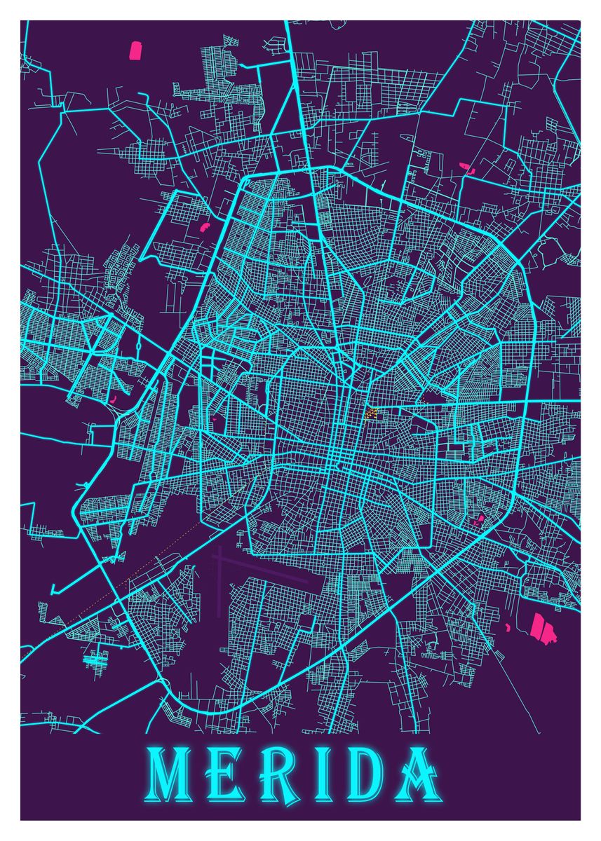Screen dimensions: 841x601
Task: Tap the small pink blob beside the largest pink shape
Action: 507,626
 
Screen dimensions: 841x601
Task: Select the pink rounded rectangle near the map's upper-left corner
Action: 135,50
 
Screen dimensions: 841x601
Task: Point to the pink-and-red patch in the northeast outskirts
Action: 466,167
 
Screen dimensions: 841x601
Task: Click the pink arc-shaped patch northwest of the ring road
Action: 205,226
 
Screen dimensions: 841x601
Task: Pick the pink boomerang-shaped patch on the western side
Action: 112,398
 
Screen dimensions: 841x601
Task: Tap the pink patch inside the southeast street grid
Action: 480,520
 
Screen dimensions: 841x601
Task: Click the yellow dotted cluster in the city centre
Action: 370,413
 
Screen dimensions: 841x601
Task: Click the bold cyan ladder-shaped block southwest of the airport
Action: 95,659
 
